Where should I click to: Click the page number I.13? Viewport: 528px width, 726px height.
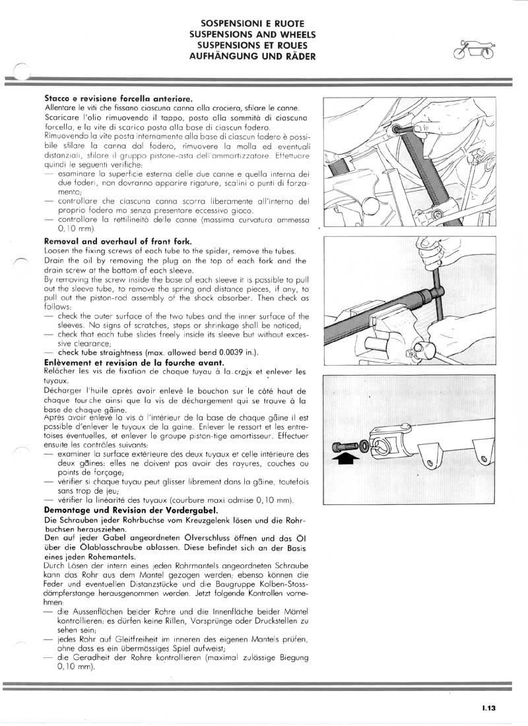pos(488,708)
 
